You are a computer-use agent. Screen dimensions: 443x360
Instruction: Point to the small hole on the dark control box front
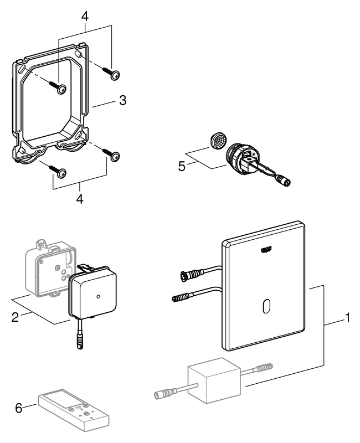[x=97, y=297]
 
